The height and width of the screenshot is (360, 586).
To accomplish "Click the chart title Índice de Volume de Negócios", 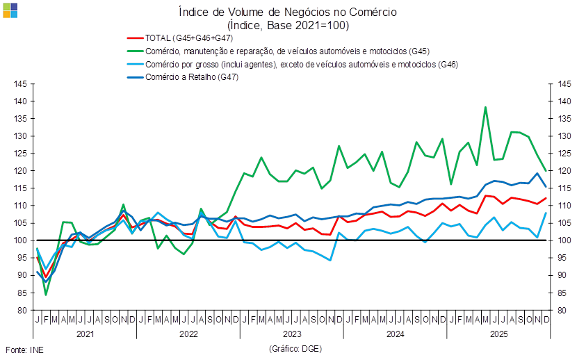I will [287, 12].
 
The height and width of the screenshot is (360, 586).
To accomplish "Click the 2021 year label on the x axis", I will [85, 334].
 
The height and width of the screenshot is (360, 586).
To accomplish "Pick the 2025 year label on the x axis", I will [498, 334].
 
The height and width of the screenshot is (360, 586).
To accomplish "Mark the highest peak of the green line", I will [485, 108].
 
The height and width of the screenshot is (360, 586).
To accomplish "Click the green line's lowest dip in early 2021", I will [46, 295].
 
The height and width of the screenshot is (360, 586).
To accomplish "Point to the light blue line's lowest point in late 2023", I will [330, 259].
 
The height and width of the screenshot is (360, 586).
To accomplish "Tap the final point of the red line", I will [547, 198].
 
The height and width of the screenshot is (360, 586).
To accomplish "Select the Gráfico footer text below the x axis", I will [294, 348].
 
